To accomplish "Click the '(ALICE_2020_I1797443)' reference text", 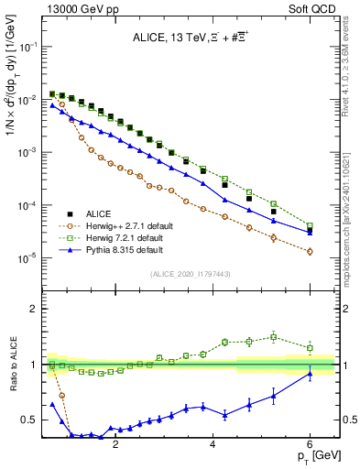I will coord(191,274).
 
